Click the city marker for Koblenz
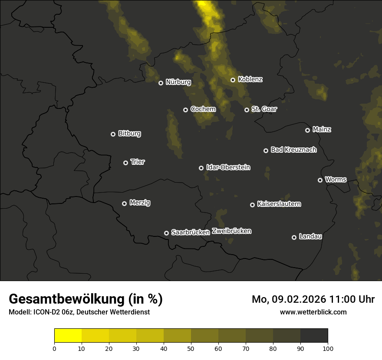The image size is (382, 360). point(233,80)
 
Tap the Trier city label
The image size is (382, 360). point(138,162)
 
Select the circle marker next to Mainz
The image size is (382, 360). point(307,130)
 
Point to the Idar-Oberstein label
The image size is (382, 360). point(228,167)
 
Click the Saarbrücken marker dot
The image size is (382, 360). point(166,233)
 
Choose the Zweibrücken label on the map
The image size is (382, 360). point(232,231)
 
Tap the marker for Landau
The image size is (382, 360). point(294,237)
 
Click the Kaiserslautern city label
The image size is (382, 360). point(279,204)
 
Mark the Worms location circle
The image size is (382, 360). point(320,180)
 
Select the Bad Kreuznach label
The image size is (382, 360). point(294,150)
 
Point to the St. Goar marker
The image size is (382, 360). point(247,110)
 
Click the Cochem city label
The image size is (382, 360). point(203,109)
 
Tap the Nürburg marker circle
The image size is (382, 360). point(161,83)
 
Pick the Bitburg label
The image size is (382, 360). point(129,134)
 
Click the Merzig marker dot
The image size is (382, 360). point(124,203)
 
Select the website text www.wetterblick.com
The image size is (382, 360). point(313,312)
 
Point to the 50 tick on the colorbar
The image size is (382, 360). point(191,348)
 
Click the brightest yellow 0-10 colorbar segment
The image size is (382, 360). point(68,336)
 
